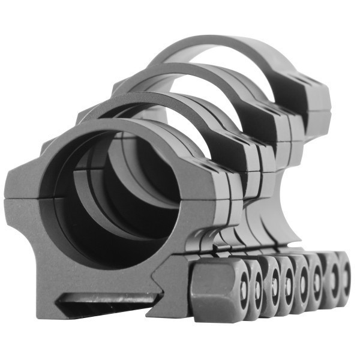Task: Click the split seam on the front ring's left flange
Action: pyautogui.click(x=24, y=197)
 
